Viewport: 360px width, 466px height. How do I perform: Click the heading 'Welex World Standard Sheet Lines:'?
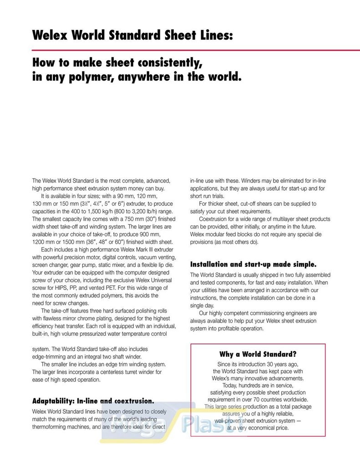click(132, 35)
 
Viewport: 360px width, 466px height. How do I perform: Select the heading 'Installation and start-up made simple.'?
click(253, 264)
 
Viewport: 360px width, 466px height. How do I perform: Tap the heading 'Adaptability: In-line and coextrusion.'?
click(93, 401)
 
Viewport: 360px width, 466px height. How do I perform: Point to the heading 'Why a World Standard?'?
click(258, 354)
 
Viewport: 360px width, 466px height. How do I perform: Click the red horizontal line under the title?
click(196, 50)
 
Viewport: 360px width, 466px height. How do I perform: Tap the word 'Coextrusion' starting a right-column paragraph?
click(214, 219)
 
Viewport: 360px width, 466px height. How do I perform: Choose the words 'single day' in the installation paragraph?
click(203, 306)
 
